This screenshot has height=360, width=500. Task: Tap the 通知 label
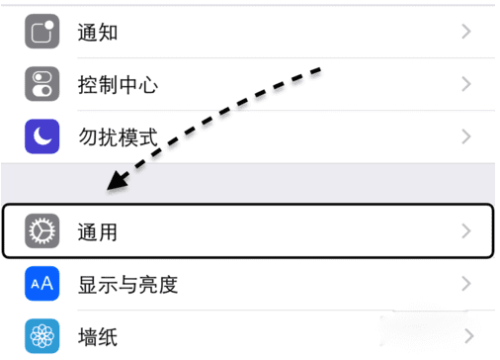98,32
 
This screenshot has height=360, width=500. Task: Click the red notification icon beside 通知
42,32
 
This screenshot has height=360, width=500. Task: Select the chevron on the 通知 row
466,32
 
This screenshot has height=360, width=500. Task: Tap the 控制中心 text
118,84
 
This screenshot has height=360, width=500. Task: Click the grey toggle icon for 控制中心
42,84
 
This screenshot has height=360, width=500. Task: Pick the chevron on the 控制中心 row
466,84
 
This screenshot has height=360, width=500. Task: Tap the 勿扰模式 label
118,136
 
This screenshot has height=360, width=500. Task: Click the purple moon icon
42,136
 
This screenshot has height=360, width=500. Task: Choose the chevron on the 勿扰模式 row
466,136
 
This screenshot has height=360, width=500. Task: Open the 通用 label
98,232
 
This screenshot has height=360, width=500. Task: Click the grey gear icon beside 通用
42,232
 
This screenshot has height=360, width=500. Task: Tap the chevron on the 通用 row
466,232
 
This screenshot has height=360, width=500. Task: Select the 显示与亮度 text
127,285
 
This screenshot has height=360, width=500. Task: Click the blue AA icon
42,285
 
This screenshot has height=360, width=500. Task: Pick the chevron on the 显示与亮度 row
466,285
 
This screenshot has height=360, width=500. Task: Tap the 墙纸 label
98,337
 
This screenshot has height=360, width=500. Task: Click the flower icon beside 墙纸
42,337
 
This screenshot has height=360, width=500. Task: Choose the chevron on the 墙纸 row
466,337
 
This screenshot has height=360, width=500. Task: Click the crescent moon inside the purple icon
42,136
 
